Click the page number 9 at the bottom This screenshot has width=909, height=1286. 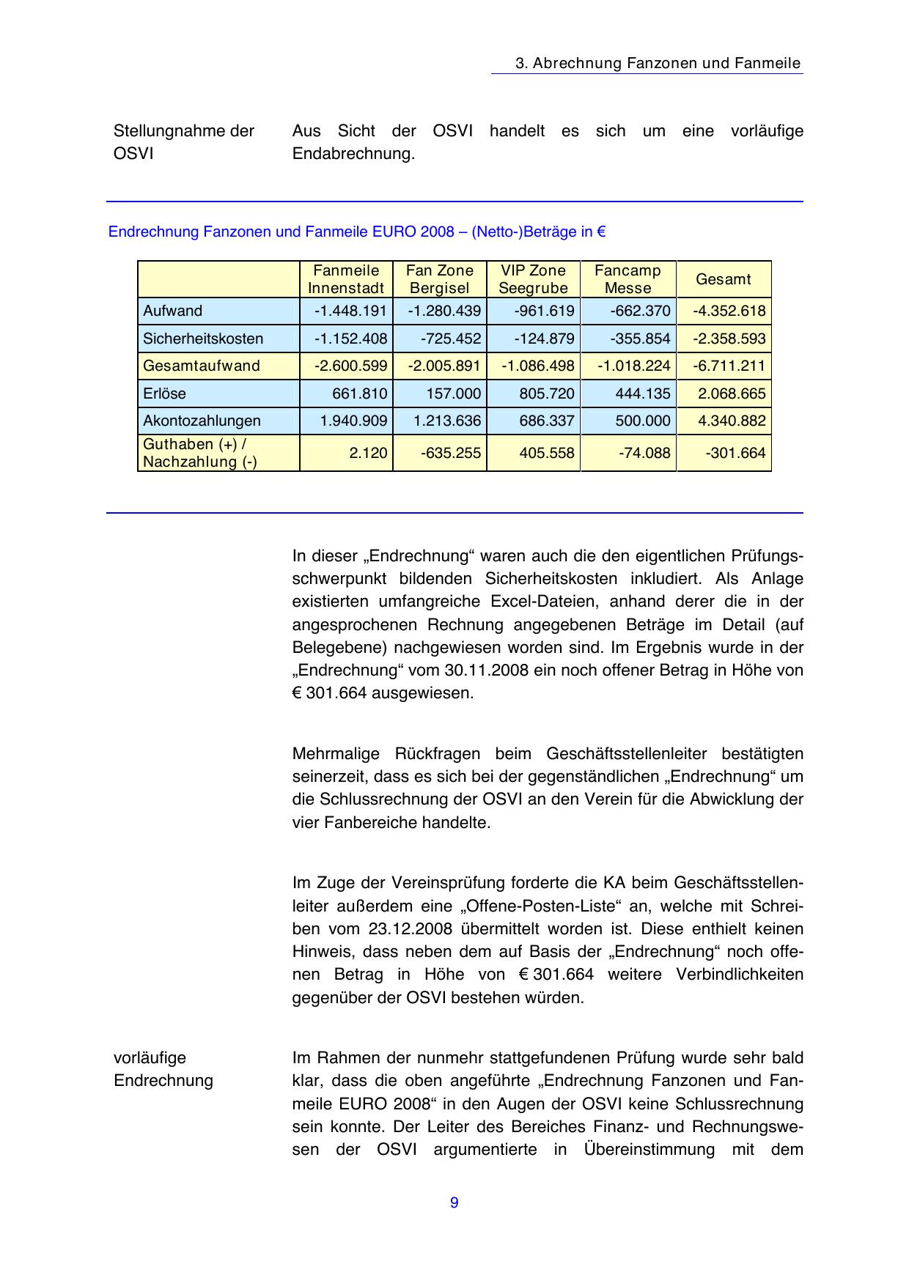[454, 1202]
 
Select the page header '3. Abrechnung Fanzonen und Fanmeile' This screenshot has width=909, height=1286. [658, 63]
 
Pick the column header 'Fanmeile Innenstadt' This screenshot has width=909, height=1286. [346, 279]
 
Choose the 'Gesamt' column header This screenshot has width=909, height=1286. [723, 279]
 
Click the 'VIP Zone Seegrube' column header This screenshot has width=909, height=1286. [533, 279]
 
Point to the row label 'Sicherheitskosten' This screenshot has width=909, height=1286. [203, 339]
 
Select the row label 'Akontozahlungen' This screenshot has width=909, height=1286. [202, 421]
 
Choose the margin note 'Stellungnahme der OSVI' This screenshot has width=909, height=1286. [184, 142]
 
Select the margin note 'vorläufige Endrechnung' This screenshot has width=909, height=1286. [163, 1069]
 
